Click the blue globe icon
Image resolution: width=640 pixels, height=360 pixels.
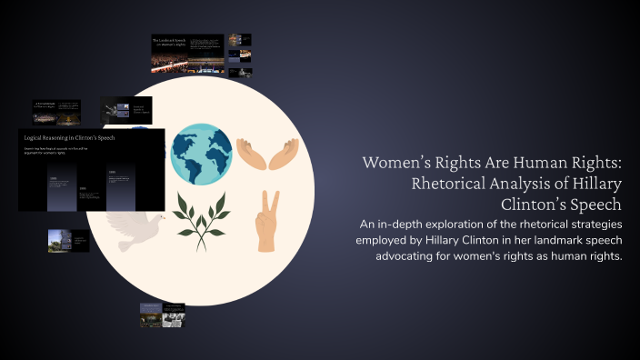(202, 155)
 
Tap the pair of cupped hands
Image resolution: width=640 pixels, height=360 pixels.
(266, 154)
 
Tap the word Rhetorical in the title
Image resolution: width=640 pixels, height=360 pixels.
(454, 184)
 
